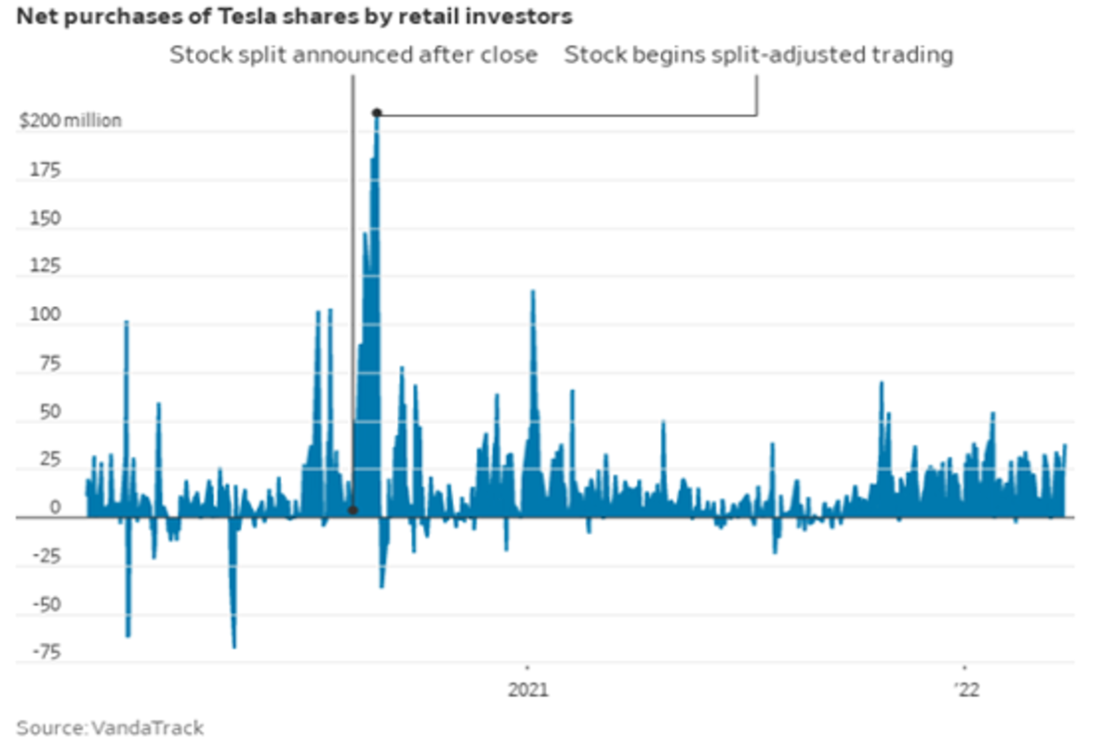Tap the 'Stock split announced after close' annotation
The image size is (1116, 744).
click(x=353, y=55)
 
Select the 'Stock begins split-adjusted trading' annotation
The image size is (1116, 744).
click(x=759, y=55)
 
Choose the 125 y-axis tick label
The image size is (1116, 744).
click(x=48, y=268)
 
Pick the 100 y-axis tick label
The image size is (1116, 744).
click(x=48, y=316)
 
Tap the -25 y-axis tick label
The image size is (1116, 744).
click(x=48, y=558)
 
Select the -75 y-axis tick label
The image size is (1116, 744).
click(x=48, y=654)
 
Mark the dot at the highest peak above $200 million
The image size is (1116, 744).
click(x=377, y=113)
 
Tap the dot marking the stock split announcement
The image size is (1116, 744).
click(x=352, y=511)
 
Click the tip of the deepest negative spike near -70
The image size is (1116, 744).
click(x=233, y=646)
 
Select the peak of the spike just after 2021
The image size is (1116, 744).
click(x=533, y=291)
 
